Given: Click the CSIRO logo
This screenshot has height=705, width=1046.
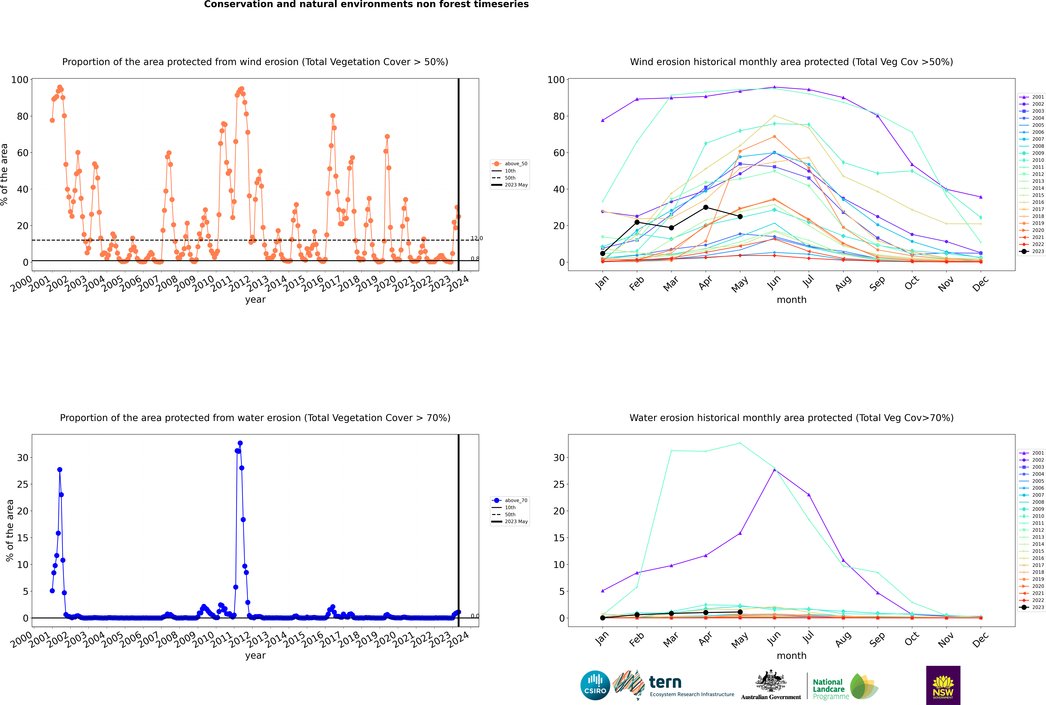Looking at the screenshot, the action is tap(595, 685).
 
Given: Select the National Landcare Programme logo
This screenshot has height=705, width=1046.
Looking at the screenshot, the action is tap(845, 686).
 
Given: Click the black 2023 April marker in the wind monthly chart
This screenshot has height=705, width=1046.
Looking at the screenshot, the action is tap(706, 207).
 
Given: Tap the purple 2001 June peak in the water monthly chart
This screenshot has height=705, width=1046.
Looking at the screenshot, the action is tap(774, 470).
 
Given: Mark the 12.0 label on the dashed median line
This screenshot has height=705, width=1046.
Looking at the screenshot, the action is tap(477, 238).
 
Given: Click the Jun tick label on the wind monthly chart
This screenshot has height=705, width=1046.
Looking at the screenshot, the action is tap(773, 282).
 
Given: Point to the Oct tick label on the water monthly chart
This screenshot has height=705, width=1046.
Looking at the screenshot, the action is tap(912, 638).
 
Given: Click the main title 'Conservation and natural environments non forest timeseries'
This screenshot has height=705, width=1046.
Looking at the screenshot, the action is tap(366, 4).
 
